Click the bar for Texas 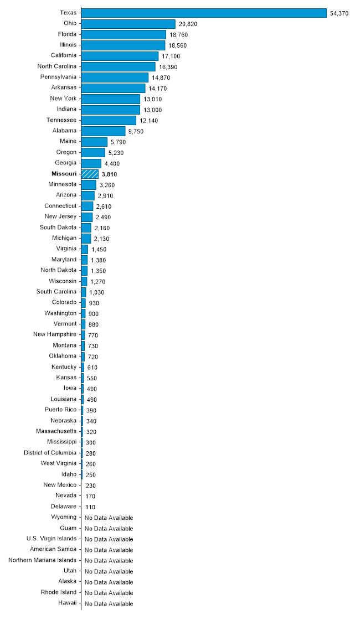[x=204, y=13]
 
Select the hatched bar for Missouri [x=90, y=174]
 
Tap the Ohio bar [x=128, y=24]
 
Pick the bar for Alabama [x=103, y=131]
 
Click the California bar [x=120, y=56]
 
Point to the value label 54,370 [x=339, y=13]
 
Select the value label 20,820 [x=188, y=24]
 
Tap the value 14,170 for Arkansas [x=157, y=89]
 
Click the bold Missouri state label [x=64, y=174]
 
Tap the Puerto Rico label [x=60, y=410]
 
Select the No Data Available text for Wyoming [x=109, y=518]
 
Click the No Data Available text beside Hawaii [x=109, y=603]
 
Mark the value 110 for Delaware [x=91, y=507]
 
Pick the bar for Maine [x=94, y=142]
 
